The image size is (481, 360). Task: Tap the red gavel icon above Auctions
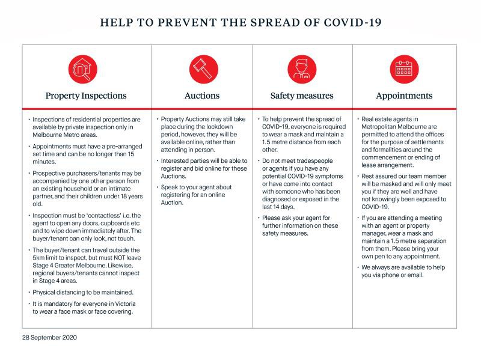203,67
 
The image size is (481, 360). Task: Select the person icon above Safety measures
301,67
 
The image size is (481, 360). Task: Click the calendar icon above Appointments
403,67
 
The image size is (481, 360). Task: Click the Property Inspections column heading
86,96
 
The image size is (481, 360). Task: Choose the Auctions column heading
202,96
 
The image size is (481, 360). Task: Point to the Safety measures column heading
301,96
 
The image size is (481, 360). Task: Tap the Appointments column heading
403,96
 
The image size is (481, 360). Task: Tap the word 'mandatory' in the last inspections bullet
57,304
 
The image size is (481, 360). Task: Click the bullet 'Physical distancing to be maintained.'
82,292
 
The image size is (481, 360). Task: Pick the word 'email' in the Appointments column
414,275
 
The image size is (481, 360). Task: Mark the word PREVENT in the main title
172,23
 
